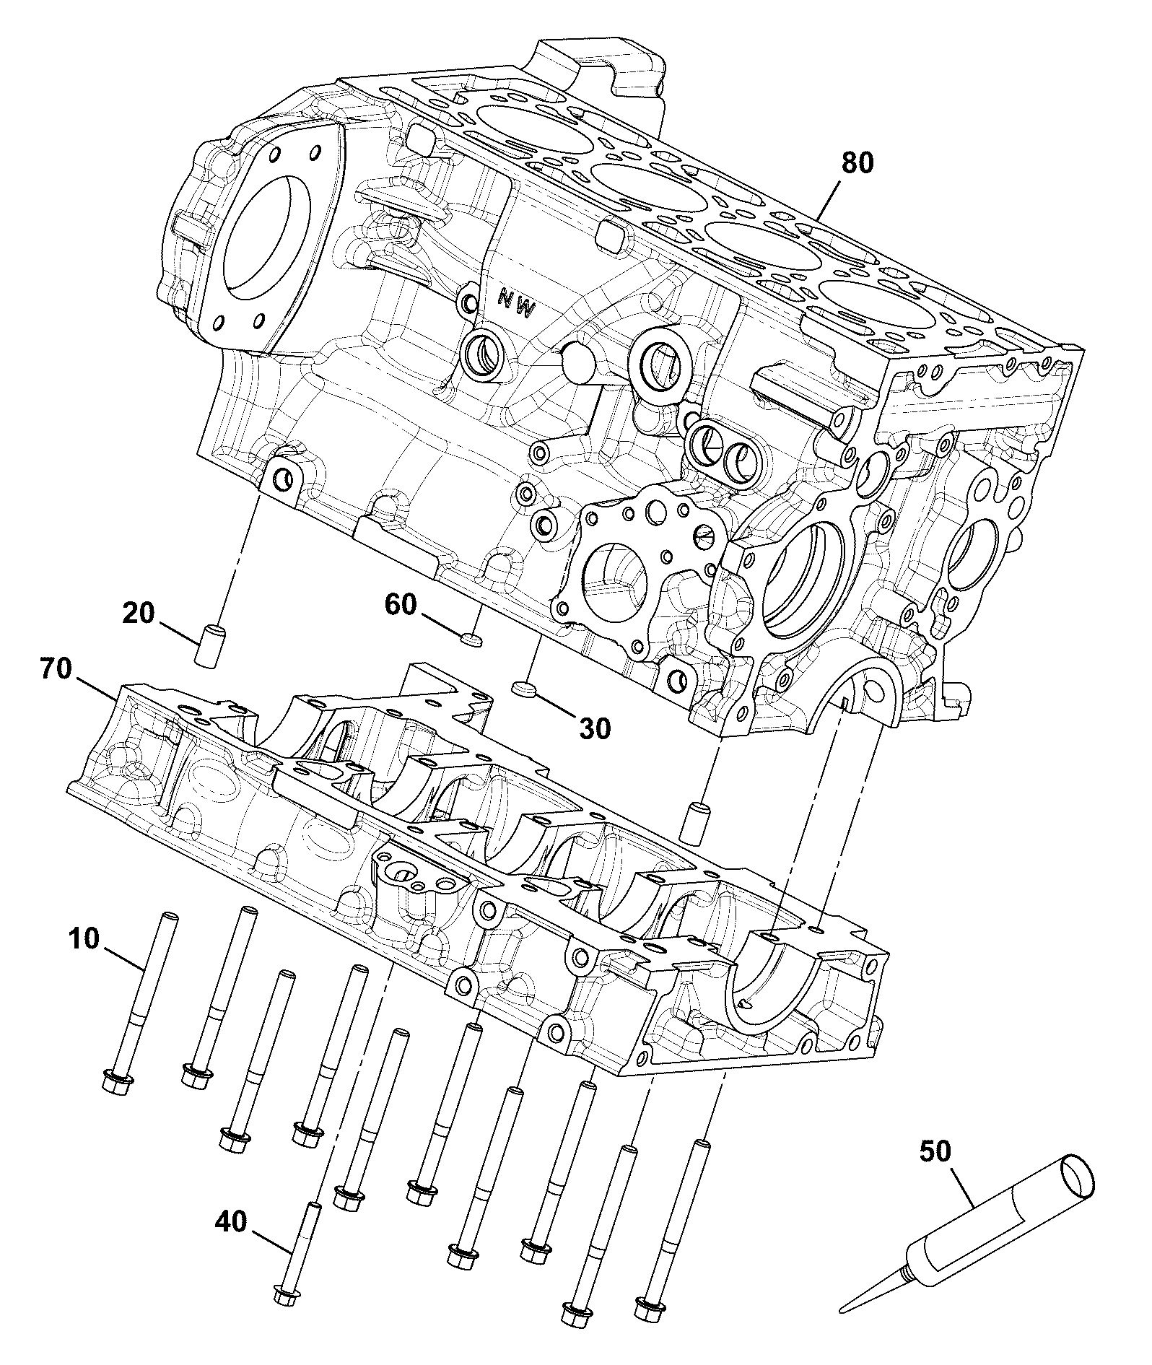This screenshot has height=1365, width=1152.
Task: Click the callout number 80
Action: coord(857,163)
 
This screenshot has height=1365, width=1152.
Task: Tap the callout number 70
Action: coord(57,671)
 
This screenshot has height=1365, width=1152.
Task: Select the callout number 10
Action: coord(84,941)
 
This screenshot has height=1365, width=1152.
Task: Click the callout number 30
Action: coord(594,728)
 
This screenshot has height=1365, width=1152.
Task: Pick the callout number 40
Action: coord(230,1221)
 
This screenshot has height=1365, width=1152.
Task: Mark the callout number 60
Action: coord(401,604)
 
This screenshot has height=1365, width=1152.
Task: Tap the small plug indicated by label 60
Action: coord(471,638)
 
